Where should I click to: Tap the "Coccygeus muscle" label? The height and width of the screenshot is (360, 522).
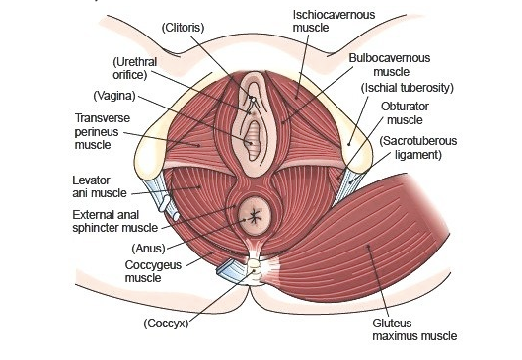point(128,270)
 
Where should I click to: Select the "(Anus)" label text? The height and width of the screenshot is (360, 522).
point(149,247)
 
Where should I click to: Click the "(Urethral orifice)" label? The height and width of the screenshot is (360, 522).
point(135,68)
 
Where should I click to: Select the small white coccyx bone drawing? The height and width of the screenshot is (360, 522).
point(255,268)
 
